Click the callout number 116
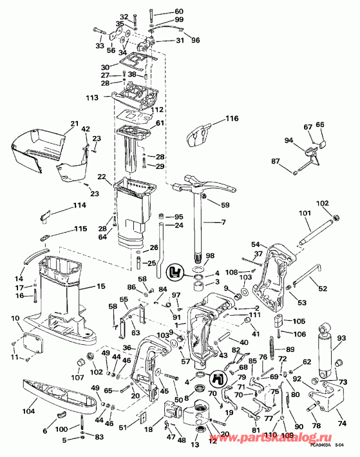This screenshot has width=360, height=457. [x=231, y=119]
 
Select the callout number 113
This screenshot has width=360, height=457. [x=92, y=98]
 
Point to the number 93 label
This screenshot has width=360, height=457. [x=341, y=337]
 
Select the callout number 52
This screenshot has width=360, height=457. [x=322, y=288]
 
